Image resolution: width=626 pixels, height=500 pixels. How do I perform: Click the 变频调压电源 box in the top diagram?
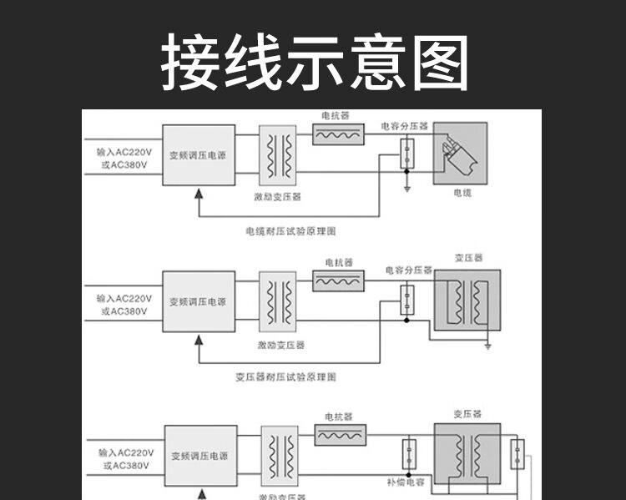point(197,155)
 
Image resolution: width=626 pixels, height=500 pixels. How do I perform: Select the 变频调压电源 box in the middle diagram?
point(198,301)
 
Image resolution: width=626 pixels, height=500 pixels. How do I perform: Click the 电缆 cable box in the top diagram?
point(460,153)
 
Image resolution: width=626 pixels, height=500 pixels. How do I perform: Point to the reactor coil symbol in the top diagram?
point(338,134)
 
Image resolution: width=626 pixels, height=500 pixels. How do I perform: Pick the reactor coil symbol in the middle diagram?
point(338,281)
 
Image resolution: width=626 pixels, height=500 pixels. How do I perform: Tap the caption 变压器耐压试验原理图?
point(286,377)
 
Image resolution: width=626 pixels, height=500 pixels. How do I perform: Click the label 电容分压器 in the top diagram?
point(404,126)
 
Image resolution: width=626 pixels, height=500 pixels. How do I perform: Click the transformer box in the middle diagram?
point(467,302)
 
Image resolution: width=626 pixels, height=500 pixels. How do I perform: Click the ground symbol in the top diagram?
point(406,189)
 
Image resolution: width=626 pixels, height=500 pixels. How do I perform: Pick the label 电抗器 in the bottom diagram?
point(338,416)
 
